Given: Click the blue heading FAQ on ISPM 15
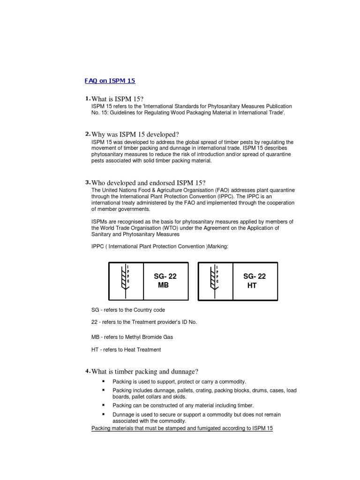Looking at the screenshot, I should pos(110,81).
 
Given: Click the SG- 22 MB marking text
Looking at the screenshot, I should pos(165,281).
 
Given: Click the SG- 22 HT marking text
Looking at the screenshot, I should pos(254,281).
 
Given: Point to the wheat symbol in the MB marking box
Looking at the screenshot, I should pos(124,280).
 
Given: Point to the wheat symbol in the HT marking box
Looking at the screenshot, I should pos(214,280).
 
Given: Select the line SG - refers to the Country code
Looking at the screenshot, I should pos(128,310).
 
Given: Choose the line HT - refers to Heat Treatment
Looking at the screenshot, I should pos(126,349).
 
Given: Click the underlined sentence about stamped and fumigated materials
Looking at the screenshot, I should pos(182,428).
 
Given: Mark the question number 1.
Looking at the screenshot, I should pos(87,98).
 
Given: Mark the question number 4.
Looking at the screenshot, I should pos(87,372).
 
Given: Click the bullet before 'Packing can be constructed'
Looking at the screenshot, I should pos(102,405).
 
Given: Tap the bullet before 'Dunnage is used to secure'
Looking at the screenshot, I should pos(102,414).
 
